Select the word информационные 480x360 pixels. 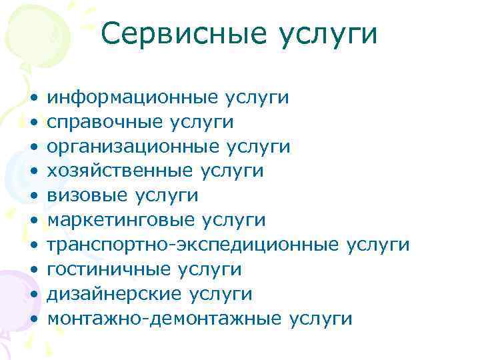133,97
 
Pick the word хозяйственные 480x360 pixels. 121,171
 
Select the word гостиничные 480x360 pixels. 109,269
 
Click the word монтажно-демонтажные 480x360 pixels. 165,319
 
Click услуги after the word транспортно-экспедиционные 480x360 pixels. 379,245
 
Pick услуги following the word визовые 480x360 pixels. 167,196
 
